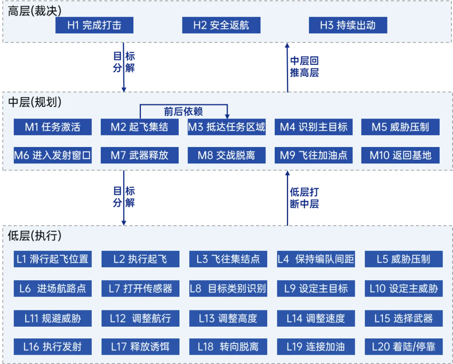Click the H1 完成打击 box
coord(94,25)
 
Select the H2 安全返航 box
coord(221,25)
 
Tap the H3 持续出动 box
coord(348,25)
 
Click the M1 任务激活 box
coord(52,127)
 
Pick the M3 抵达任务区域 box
coord(226,127)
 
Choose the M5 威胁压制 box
coord(401,127)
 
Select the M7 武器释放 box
coord(140,155)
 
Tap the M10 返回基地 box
coord(401,155)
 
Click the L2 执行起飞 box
coord(141,259)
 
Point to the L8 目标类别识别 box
coord(228,289)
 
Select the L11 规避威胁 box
coord(52,318)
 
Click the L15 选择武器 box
coord(404,318)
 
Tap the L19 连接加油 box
coord(316,347)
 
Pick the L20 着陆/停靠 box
coord(404,347)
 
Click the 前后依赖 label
coord(183,111)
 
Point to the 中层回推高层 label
coord(305,67)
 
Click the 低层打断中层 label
coord(305,198)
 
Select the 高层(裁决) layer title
coord(35,11)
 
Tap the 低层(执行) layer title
coord(35,236)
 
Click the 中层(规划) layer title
coord(35,102)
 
